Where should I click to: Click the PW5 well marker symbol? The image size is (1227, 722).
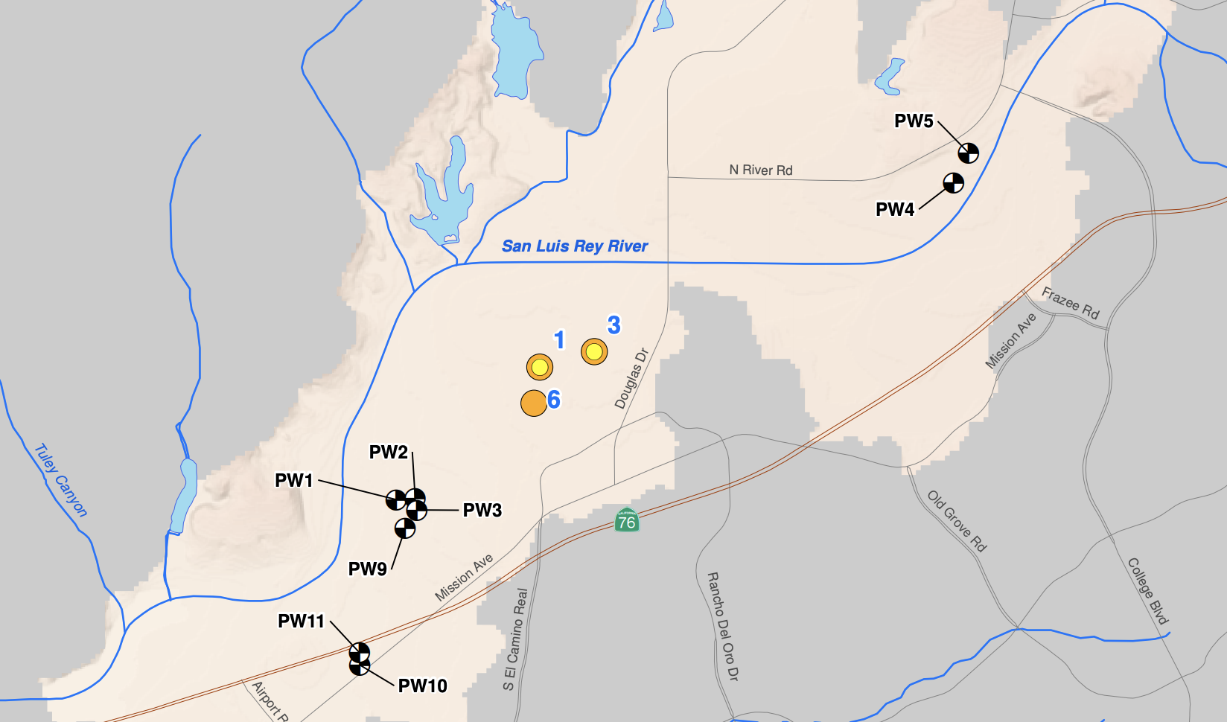968,153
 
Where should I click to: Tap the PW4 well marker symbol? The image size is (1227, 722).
954,182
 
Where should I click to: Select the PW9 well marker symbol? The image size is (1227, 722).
404,528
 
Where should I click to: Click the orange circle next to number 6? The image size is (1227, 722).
534,403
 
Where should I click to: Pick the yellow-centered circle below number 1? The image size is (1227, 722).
540,367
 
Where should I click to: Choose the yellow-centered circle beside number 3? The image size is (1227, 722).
594,351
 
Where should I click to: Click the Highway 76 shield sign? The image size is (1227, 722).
627,520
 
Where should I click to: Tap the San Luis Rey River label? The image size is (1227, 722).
575,246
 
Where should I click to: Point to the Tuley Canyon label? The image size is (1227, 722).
61,480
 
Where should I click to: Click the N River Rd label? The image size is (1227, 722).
761,170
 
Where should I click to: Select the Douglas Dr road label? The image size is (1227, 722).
631,379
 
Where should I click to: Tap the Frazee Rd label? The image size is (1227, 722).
1070,303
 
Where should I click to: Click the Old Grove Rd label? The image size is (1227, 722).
957,521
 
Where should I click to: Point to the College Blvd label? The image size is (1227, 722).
1148,590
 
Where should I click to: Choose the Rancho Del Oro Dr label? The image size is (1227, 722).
722,626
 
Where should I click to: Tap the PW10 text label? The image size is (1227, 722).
422,686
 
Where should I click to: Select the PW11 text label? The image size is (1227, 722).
302,621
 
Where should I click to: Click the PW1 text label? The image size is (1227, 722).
294,480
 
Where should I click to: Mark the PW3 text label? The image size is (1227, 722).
482,510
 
